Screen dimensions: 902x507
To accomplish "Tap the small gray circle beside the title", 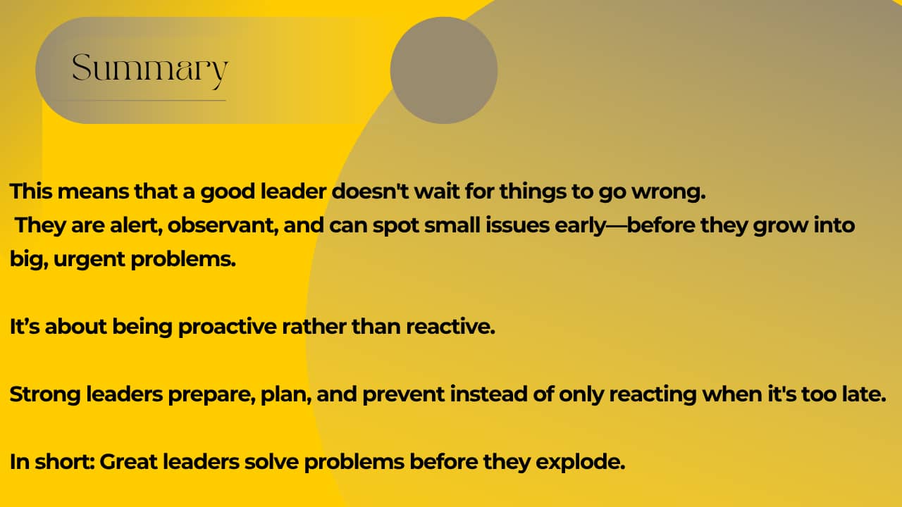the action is pos(444,70).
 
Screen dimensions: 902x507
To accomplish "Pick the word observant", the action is pos(223,225).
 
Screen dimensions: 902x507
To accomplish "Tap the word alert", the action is pos(136,225).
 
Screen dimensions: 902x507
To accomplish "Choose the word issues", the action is pos(517,225).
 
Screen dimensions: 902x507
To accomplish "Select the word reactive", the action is pos(450,327).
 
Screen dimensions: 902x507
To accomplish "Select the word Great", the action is pos(129,461).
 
